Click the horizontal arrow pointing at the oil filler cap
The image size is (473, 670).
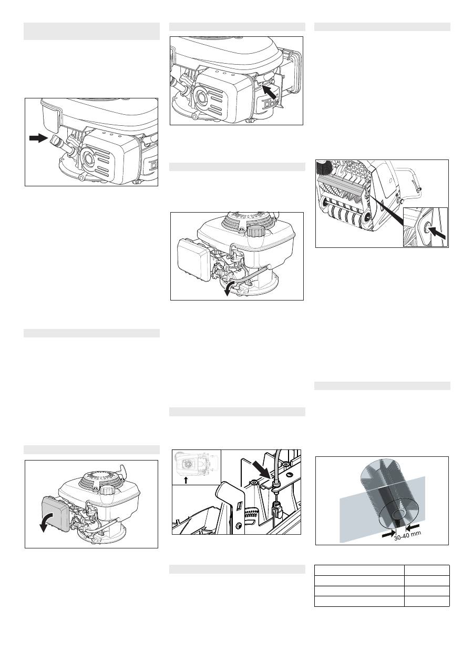pyautogui.click(x=38, y=138)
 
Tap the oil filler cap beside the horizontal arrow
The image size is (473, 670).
pyautogui.click(x=56, y=140)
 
